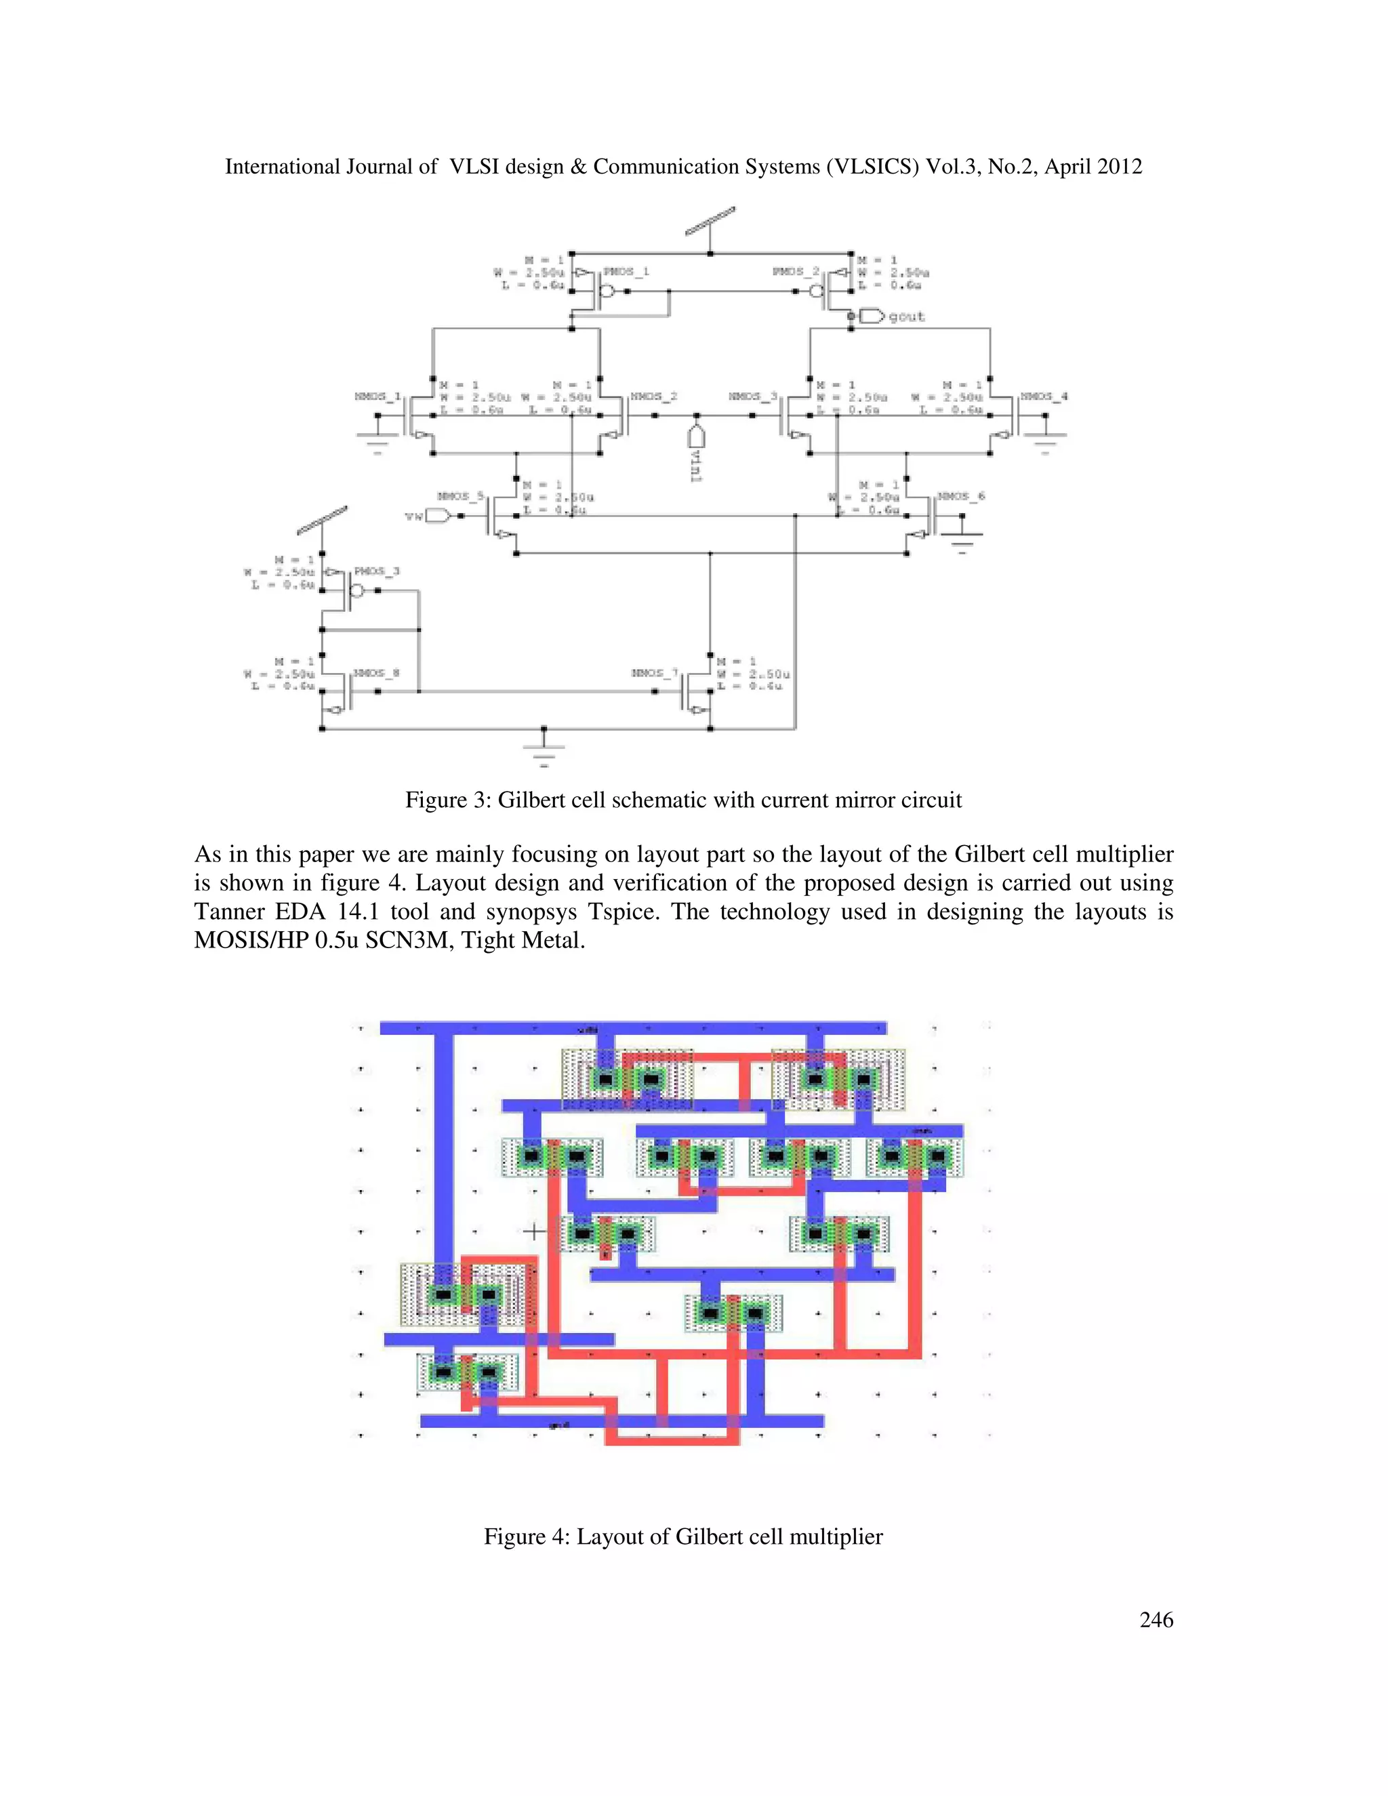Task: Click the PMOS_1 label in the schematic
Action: pyautogui.click(x=627, y=271)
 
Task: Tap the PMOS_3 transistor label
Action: pyautogui.click(x=377, y=571)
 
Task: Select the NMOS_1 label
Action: pyautogui.click(x=377, y=396)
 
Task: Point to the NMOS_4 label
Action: pyautogui.click(x=1044, y=396)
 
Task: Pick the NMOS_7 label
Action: pyautogui.click(x=655, y=673)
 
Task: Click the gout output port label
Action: pyautogui.click(x=906, y=317)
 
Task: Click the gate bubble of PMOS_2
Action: pyautogui.click(x=817, y=293)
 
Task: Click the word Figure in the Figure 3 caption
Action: pyautogui.click(x=432, y=800)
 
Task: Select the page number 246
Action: pyautogui.click(x=1156, y=1620)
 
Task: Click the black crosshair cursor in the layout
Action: pyautogui.click(x=535, y=1231)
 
